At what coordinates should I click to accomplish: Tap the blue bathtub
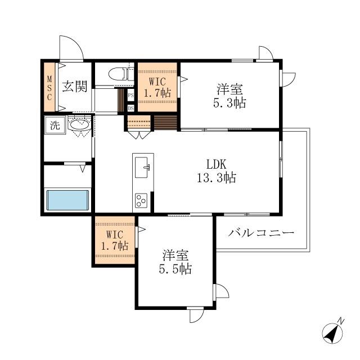(67, 200)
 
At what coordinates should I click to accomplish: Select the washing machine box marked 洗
(55, 125)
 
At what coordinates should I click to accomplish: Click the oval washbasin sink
(79, 125)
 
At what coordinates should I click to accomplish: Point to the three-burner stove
(141, 201)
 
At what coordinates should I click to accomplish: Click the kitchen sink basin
(142, 167)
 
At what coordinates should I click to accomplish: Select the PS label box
(130, 95)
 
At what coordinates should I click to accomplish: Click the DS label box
(130, 108)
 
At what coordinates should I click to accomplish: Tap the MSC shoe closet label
(49, 88)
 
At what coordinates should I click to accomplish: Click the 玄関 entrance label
(75, 87)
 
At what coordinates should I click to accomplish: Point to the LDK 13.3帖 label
(217, 171)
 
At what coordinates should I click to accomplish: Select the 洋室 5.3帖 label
(230, 96)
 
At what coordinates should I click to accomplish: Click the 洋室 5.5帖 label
(175, 262)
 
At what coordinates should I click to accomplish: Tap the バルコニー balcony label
(261, 233)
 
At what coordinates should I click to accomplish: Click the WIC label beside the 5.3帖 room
(157, 88)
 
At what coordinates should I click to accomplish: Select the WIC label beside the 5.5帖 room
(115, 240)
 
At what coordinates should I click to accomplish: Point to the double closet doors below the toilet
(139, 134)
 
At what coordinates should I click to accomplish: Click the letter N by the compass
(341, 321)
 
